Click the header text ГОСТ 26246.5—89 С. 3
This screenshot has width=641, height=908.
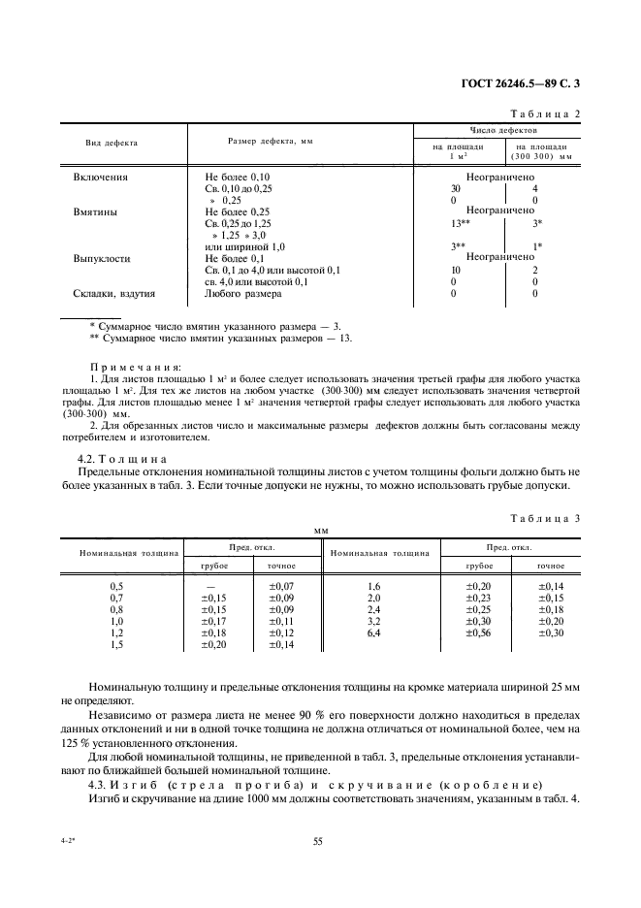[x=521, y=84]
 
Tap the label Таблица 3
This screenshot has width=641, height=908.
[x=545, y=518]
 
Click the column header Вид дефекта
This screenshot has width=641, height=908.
[x=112, y=143]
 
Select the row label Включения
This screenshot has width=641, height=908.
[x=101, y=178]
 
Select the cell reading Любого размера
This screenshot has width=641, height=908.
[x=243, y=293]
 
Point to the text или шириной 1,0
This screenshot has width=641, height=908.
[x=245, y=247]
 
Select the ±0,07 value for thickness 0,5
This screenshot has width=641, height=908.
[x=280, y=587]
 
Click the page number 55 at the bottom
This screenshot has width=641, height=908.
[x=317, y=842]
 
